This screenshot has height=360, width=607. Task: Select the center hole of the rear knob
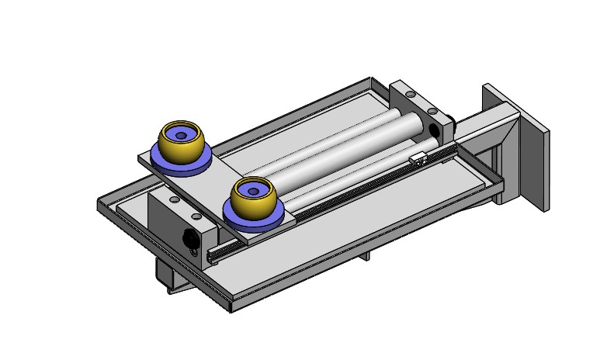point(182,135)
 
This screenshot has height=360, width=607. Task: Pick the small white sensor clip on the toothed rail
point(420,159)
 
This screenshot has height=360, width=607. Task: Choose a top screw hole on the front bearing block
point(175,200)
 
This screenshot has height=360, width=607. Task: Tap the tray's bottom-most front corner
point(232,309)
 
